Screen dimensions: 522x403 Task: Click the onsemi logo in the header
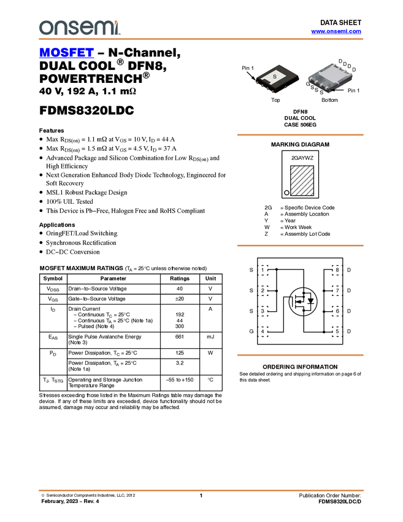click(x=79, y=28)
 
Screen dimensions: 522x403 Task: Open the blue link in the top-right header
click(x=336, y=31)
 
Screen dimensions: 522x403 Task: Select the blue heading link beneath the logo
click(x=66, y=54)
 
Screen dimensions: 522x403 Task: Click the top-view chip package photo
click(x=277, y=79)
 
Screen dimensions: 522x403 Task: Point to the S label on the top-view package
click(x=275, y=76)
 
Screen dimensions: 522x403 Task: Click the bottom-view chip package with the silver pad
click(x=330, y=79)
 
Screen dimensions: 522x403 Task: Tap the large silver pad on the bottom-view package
click(x=330, y=77)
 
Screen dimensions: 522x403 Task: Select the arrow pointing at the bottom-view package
click(x=339, y=90)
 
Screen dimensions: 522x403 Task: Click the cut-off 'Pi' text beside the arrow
click(x=350, y=90)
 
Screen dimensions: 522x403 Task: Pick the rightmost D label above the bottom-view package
click(x=350, y=66)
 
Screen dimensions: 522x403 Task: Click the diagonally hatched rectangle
click(x=302, y=181)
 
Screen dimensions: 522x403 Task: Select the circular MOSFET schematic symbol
click(x=302, y=302)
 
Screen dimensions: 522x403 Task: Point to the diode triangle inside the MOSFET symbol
click(x=310, y=302)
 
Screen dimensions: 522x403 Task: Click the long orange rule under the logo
click(x=201, y=39)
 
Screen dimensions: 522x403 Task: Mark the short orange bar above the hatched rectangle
click(x=300, y=135)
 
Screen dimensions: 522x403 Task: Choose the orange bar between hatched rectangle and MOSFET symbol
click(x=300, y=246)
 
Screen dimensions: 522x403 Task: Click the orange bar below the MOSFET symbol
click(x=300, y=355)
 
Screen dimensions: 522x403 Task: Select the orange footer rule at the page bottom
click(x=201, y=491)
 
